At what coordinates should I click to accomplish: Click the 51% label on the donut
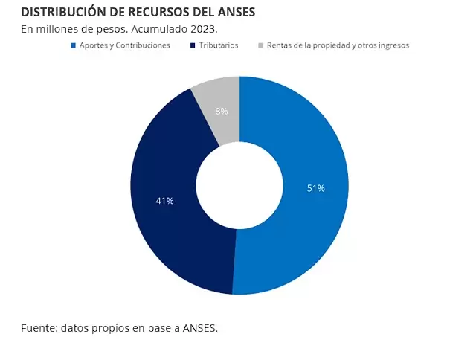(x=316, y=188)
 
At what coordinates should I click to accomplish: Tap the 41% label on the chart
(x=164, y=201)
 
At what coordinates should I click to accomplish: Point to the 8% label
(x=222, y=111)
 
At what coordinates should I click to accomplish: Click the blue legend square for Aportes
(x=73, y=45)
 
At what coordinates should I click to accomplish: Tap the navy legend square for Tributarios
(x=193, y=45)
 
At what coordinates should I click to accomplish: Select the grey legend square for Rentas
(x=260, y=45)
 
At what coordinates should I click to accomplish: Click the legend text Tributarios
(x=219, y=45)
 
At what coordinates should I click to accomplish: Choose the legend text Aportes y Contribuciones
(x=124, y=45)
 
